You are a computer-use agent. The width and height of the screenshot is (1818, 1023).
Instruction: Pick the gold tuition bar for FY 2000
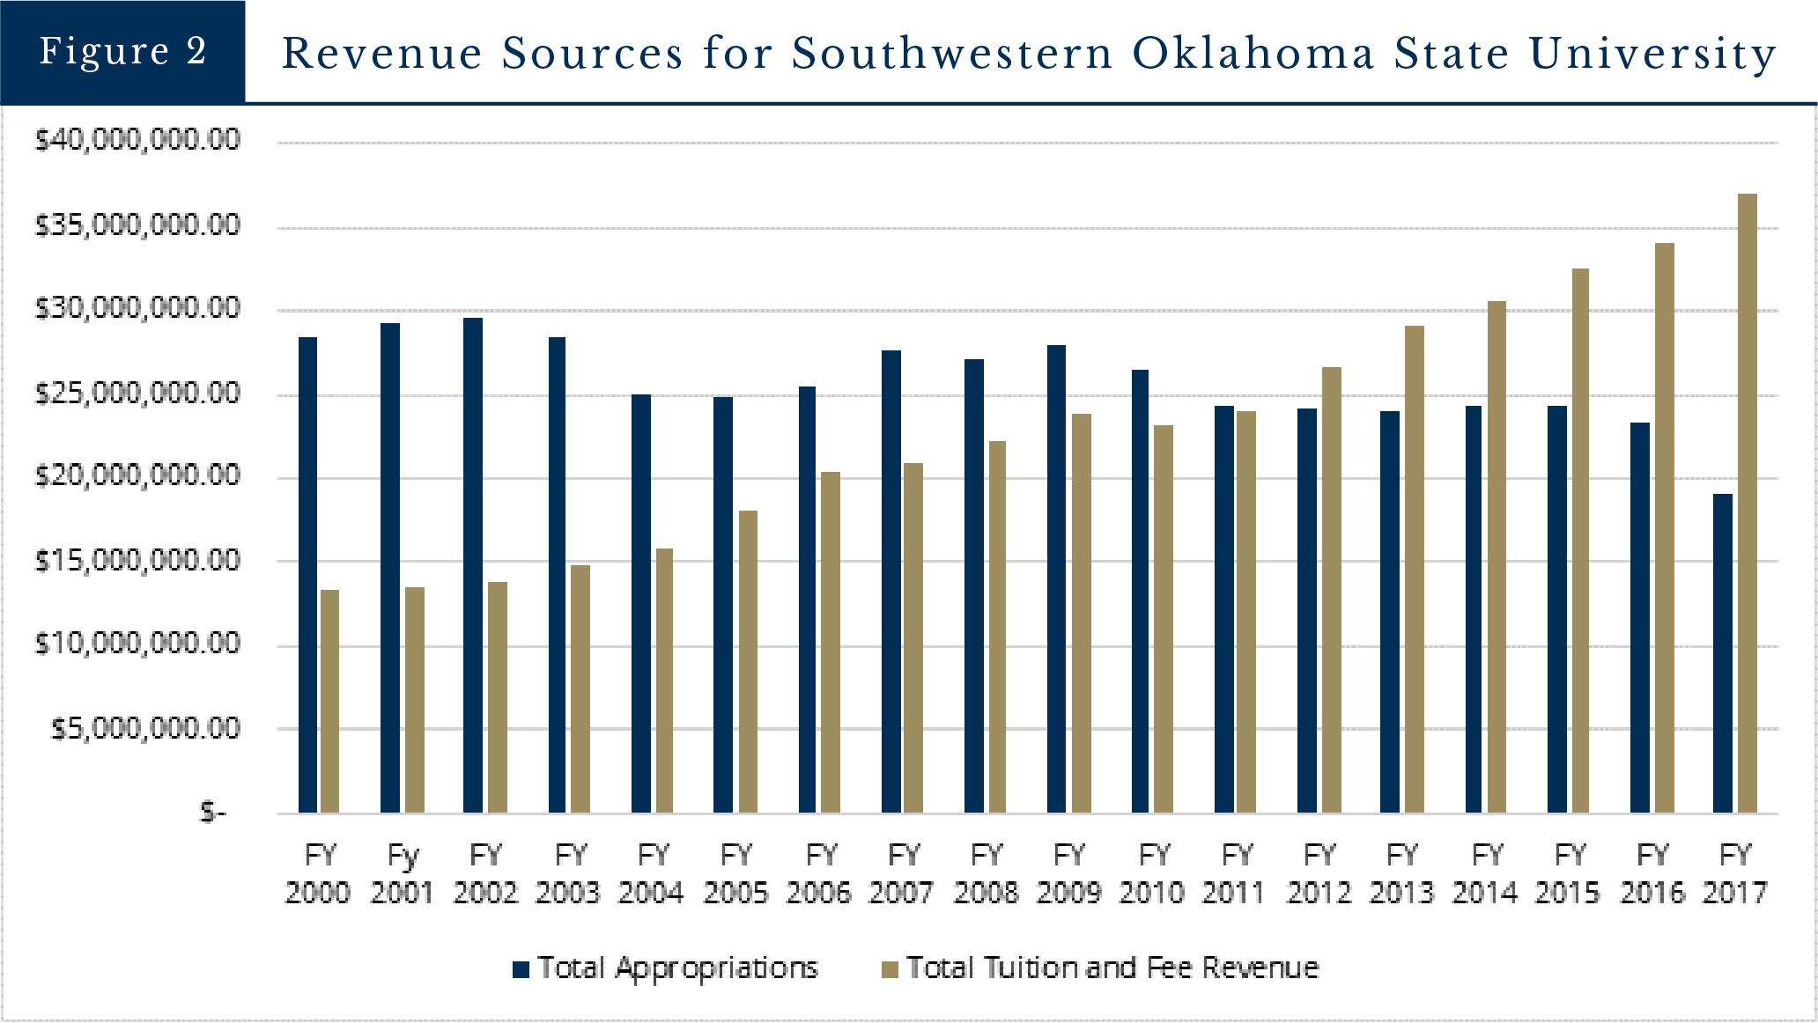click(x=329, y=701)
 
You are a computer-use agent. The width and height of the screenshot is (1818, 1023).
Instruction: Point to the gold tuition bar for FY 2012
click(x=1332, y=590)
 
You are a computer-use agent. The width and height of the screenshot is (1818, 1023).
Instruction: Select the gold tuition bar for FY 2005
click(x=747, y=661)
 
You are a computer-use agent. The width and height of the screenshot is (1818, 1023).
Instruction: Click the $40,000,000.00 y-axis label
click(x=137, y=140)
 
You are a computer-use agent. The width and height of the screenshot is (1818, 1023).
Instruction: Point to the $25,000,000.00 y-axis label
click(x=137, y=393)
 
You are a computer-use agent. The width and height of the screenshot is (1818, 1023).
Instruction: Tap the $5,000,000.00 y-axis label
click(x=145, y=729)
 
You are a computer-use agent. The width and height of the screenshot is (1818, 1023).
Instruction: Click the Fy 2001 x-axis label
click(x=403, y=873)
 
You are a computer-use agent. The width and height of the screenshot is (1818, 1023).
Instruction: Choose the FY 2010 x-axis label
click(x=1152, y=873)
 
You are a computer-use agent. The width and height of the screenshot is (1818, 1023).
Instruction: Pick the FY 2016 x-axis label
click(x=1652, y=873)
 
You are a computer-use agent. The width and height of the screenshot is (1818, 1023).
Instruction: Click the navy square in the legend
click(x=521, y=969)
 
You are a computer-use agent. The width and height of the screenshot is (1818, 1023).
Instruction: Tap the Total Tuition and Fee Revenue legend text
click(x=1112, y=968)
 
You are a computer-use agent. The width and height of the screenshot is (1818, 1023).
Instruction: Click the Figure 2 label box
click(x=122, y=51)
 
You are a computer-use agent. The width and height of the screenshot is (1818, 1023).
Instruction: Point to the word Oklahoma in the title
click(x=1253, y=54)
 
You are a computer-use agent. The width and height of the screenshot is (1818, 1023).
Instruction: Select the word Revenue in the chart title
click(x=381, y=54)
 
